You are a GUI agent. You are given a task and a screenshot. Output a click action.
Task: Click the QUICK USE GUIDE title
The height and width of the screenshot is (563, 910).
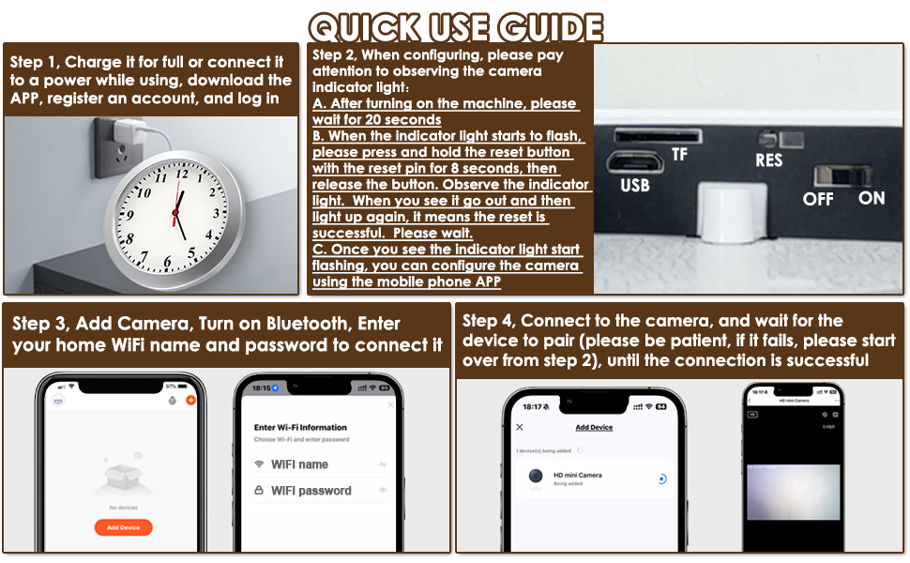[455, 25]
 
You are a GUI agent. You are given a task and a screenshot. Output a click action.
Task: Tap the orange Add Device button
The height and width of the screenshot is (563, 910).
[123, 527]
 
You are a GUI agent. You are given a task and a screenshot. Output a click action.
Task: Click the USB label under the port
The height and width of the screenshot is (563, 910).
[634, 186]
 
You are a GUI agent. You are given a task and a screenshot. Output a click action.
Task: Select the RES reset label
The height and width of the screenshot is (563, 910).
[769, 160]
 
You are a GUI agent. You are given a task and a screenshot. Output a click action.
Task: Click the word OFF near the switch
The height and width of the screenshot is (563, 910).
[818, 199]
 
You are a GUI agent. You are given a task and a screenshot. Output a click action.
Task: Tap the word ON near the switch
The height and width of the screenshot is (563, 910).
[872, 198]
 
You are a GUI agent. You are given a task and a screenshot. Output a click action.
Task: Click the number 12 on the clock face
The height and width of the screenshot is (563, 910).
[183, 174]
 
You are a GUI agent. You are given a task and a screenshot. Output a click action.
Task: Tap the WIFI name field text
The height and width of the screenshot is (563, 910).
[299, 464]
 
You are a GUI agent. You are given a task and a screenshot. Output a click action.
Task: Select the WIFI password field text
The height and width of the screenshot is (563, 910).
[311, 491]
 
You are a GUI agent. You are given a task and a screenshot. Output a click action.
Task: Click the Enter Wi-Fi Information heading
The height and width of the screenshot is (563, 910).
[300, 427]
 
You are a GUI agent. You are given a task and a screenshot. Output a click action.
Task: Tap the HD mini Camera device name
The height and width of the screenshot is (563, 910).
[577, 475]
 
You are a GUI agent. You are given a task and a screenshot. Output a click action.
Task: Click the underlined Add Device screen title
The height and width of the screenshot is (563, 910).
[593, 427]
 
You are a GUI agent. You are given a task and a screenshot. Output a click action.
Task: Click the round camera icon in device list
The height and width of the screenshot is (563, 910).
[535, 479]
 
